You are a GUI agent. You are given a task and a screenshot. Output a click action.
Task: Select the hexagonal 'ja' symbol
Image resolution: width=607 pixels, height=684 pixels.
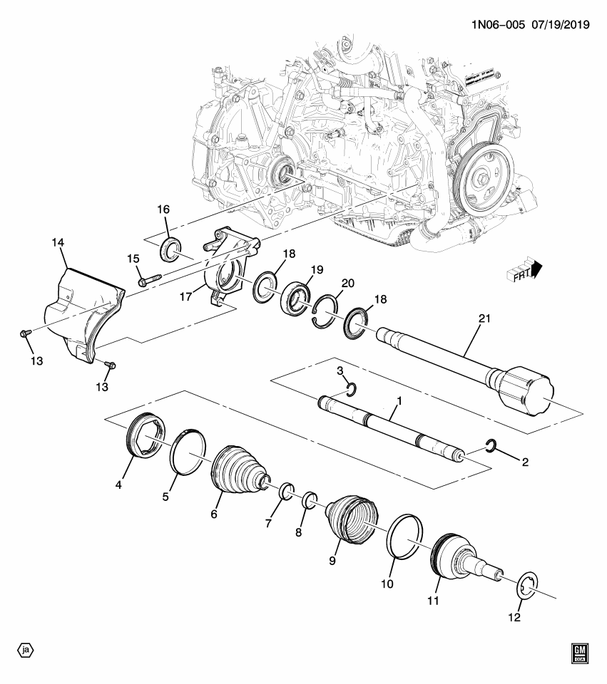click(x=26, y=650)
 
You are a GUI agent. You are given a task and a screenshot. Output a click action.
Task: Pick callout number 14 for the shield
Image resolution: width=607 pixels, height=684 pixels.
click(x=58, y=244)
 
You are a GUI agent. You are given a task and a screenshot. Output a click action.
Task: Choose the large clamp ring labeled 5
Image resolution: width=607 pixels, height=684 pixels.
click(x=188, y=452)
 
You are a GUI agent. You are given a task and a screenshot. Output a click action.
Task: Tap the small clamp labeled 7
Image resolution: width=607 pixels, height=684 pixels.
click(x=286, y=491)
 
